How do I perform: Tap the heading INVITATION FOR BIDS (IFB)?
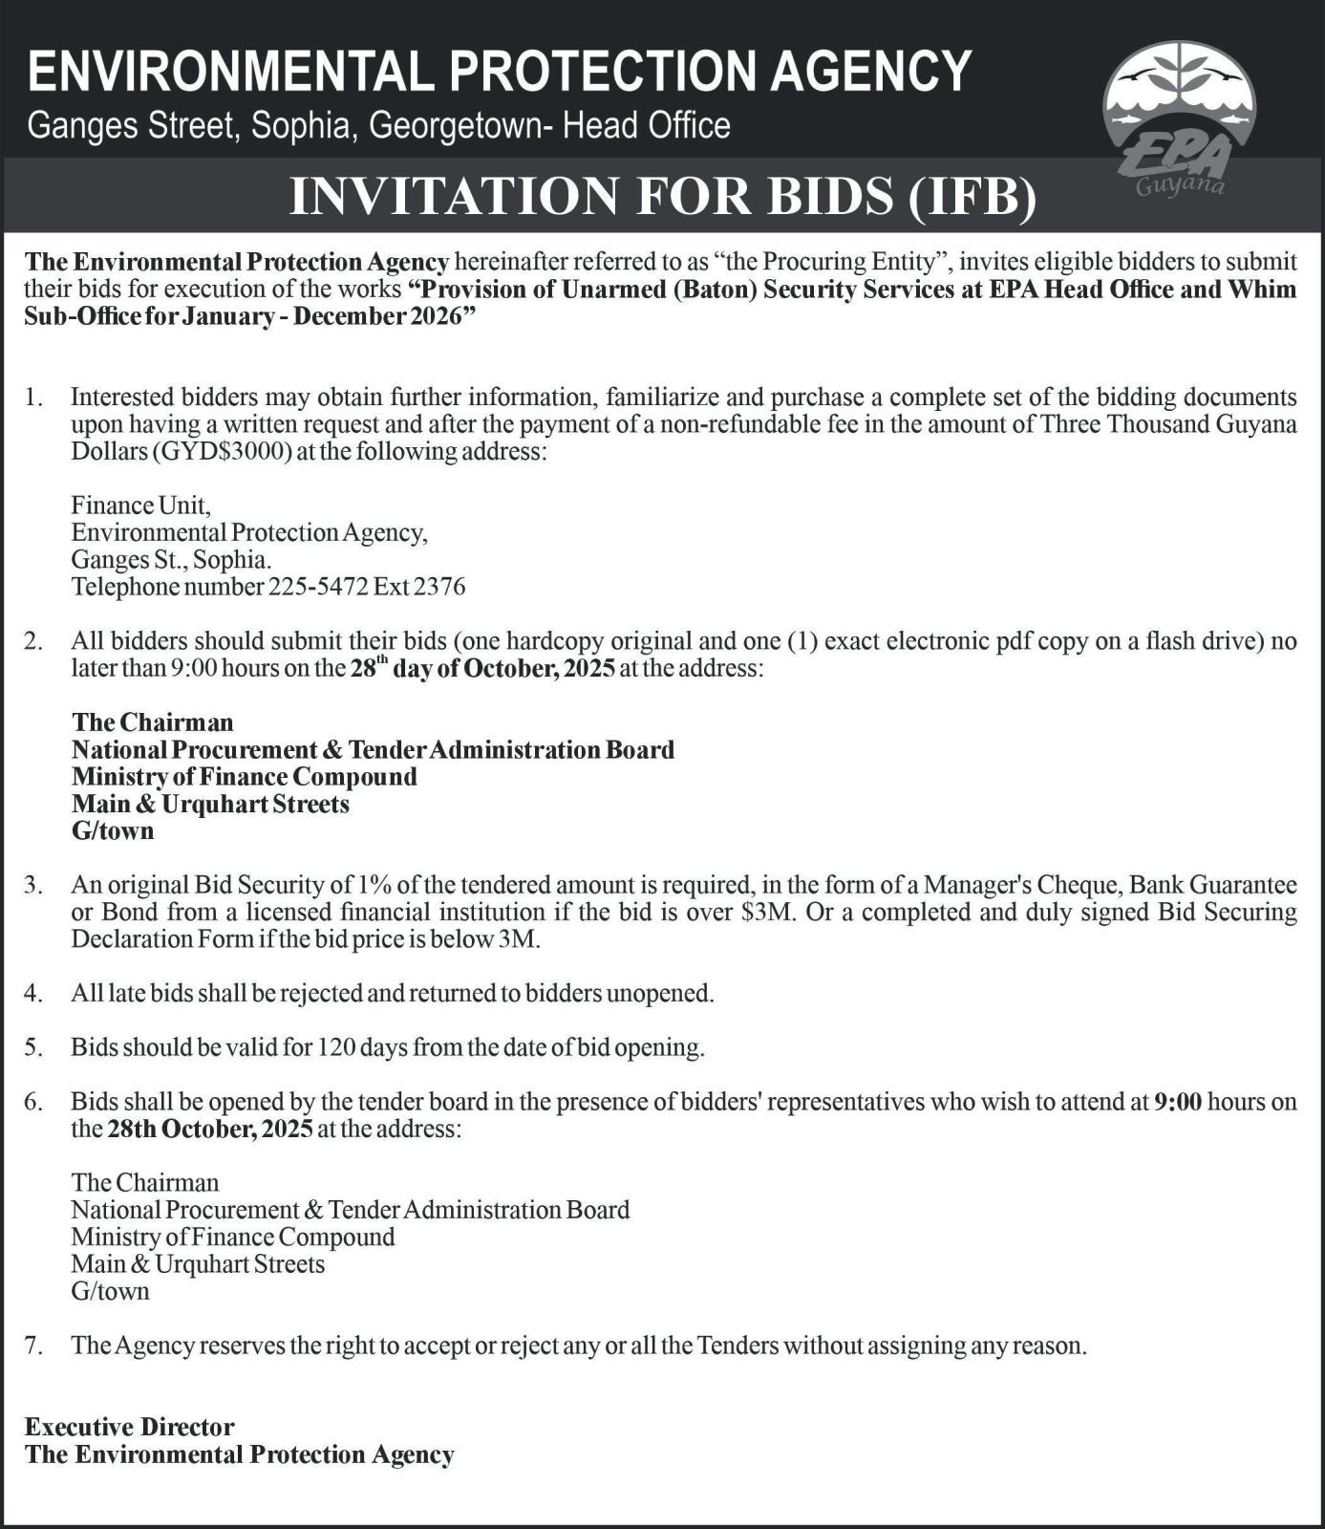pyautogui.click(x=662, y=196)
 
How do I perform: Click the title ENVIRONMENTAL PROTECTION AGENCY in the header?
pyautogui.click(x=500, y=71)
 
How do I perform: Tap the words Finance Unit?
pyautogui.click(x=140, y=505)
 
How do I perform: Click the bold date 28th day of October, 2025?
pyautogui.click(x=482, y=667)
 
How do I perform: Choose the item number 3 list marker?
pyautogui.click(x=33, y=885)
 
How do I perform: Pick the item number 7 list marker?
pyautogui.click(x=33, y=1346)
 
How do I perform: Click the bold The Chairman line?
pyautogui.click(x=152, y=721)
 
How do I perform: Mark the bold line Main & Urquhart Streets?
pyautogui.click(x=210, y=804)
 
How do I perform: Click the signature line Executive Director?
pyautogui.click(x=129, y=1427)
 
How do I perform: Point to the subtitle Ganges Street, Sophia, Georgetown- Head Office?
pyautogui.click(x=379, y=125)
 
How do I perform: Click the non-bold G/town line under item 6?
pyautogui.click(x=110, y=1291)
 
